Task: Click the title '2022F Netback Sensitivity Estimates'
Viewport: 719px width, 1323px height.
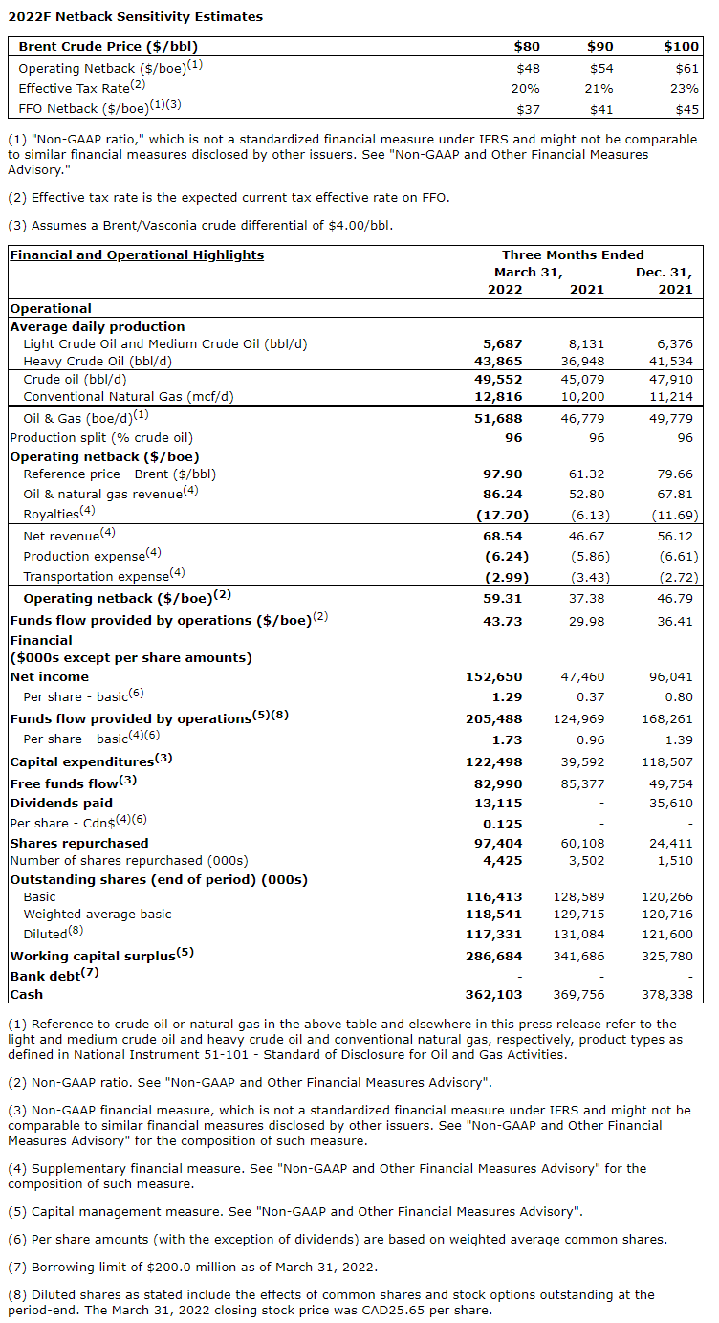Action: click(x=135, y=16)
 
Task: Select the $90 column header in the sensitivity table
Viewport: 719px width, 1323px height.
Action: click(x=600, y=46)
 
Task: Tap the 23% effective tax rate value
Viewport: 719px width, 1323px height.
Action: click(x=686, y=88)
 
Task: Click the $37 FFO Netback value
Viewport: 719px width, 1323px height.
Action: click(x=527, y=109)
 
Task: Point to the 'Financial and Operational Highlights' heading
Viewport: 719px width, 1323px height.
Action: click(x=137, y=254)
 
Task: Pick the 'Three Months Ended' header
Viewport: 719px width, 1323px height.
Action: click(x=573, y=254)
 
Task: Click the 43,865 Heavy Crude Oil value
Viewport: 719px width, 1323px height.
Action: click(x=503, y=361)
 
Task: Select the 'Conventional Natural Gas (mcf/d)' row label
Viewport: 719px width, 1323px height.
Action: click(x=128, y=396)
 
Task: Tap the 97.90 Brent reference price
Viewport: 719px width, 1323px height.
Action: click(x=505, y=474)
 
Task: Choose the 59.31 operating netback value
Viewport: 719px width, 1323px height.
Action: click(x=505, y=598)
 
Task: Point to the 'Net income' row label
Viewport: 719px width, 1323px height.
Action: click(x=49, y=676)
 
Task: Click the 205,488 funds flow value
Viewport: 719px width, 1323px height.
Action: click(x=498, y=718)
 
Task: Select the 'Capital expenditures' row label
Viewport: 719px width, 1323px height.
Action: click(x=81, y=761)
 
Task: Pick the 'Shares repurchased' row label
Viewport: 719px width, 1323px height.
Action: click(x=79, y=843)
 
